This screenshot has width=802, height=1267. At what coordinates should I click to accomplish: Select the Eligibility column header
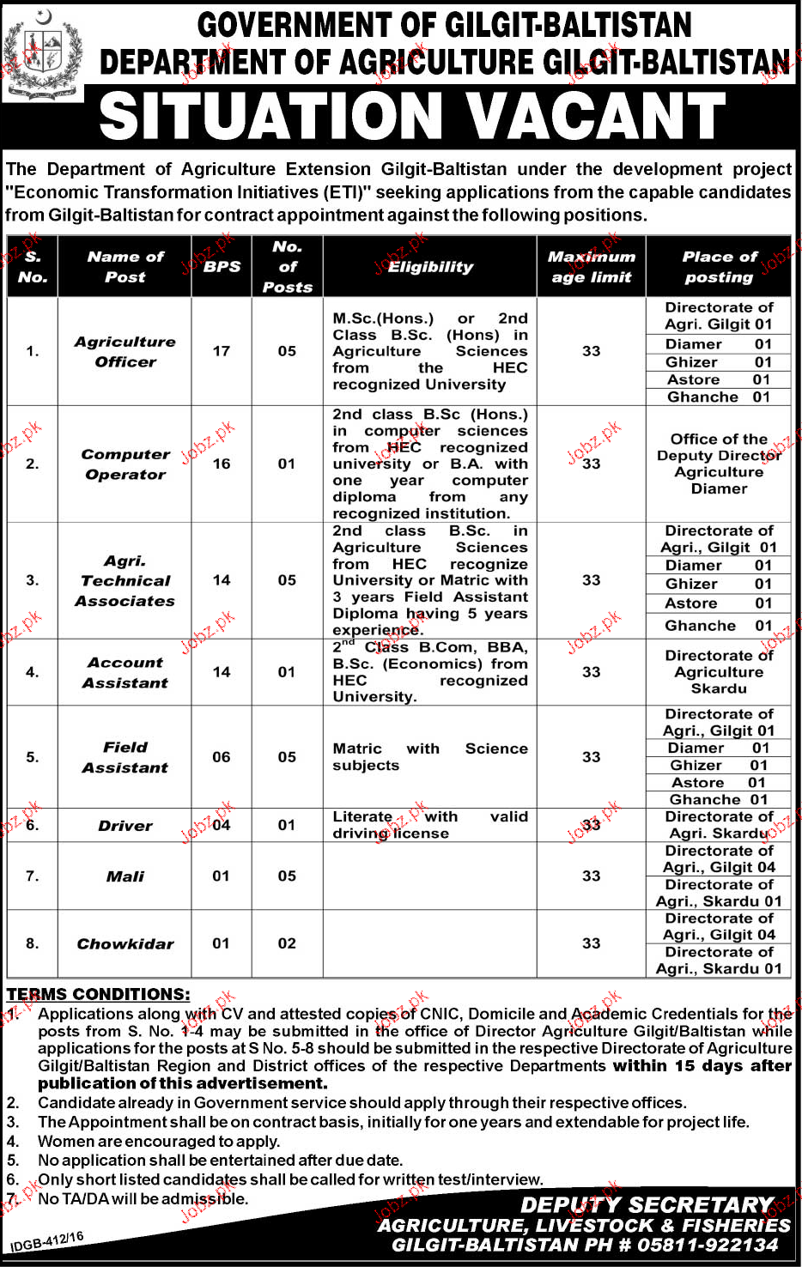[430, 267]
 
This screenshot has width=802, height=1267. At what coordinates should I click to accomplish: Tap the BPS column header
[222, 267]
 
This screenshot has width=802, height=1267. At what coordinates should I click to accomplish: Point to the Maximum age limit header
[591, 267]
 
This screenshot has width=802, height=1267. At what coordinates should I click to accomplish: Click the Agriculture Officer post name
[125, 351]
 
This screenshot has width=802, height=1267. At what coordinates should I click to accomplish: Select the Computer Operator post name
[125, 464]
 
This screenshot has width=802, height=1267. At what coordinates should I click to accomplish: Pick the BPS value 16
[222, 464]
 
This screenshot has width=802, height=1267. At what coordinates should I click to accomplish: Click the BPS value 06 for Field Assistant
[222, 757]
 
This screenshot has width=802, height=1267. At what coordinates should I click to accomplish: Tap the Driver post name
[125, 826]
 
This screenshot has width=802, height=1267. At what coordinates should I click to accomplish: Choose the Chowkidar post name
[125, 943]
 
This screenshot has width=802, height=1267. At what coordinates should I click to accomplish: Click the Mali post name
[125, 876]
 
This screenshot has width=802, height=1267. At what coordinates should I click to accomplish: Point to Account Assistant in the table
[125, 672]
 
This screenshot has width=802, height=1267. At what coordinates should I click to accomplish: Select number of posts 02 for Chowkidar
[287, 943]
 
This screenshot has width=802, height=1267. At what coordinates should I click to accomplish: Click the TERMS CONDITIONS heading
[98, 994]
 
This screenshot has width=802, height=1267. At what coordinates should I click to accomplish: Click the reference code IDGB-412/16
[47, 1242]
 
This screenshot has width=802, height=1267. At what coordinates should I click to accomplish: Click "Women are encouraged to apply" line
[159, 1141]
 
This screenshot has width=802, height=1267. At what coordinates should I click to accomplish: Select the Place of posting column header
[719, 267]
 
